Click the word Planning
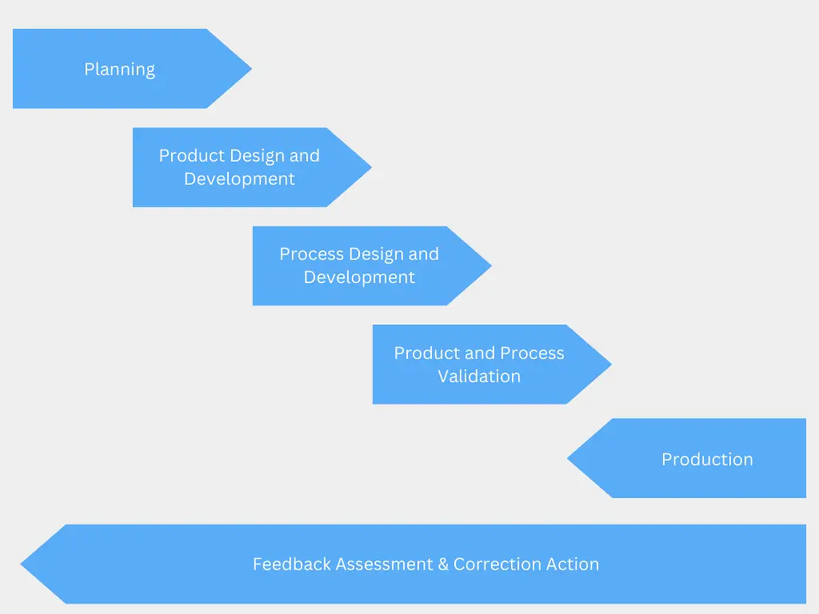tap(119, 70)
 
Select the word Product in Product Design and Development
tap(191, 156)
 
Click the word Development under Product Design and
tap(239, 179)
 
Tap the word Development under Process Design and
tap(359, 277)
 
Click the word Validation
tap(479, 376)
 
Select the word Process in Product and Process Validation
tap(534, 353)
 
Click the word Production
tap(707, 460)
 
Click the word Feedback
tap(291, 564)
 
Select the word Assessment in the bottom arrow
tap(385, 564)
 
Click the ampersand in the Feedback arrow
tap(443, 564)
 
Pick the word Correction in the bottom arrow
tap(497, 564)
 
